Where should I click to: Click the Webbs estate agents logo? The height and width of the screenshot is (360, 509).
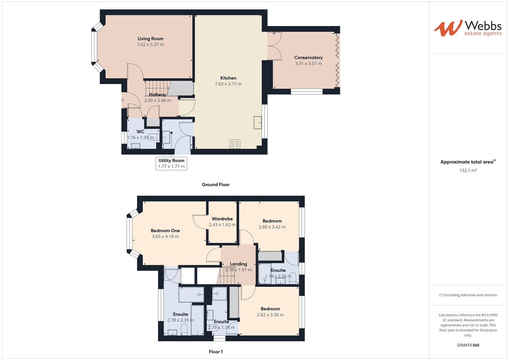(x=468, y=28)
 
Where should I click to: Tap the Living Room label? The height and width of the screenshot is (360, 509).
(x=150, y=39)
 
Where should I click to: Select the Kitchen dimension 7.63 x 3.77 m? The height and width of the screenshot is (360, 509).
(x=228, y=84)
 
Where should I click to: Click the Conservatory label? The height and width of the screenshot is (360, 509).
(x=308, y=58)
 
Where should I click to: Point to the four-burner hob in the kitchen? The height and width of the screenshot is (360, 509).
(x=235, y=144)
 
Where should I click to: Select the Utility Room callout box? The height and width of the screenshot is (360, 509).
(x=171, y=163)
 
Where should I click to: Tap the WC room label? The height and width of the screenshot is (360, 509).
(x=140, y=132)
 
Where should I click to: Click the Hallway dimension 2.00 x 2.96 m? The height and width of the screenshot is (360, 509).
(x=157, y=100)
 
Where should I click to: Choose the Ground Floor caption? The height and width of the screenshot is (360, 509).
(x=216, y=185)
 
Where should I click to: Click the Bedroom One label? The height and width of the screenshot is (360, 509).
(x=165, y=231)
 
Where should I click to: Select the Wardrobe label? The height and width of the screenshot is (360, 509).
(x=222, y=219)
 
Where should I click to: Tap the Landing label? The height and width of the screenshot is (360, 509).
(x=238, y=264)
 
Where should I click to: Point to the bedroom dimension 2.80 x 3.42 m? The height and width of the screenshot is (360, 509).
(x=272, y=227)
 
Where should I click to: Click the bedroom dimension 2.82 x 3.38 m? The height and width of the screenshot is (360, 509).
(x=270, y=315)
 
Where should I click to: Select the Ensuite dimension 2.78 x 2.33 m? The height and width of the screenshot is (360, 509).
(x=180, y=320)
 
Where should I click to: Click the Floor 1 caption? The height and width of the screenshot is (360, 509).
(x=216, y=352)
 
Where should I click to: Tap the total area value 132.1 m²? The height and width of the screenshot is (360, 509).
(x=468, y=170)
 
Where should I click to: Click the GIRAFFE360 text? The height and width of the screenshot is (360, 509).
(x=468, y=345)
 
